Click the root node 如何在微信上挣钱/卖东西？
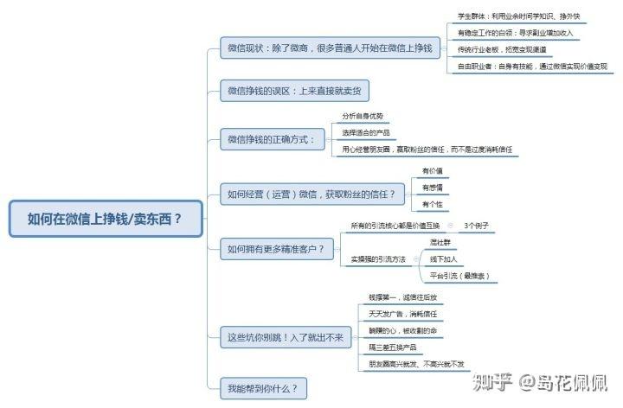tap(105, 218)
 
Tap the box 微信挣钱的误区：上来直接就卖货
tap(294, 90)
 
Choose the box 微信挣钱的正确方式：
tap(272, 138)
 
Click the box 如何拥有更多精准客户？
tap(276, 250)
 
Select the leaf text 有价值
tap(432, 171)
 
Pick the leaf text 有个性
tap(432, 204)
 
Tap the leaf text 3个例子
tap(477, 226)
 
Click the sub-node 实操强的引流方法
tap(378, 259)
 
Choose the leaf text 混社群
tap(442, 243)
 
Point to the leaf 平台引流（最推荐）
tap(460, 276)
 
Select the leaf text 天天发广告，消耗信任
tap(402, 314)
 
